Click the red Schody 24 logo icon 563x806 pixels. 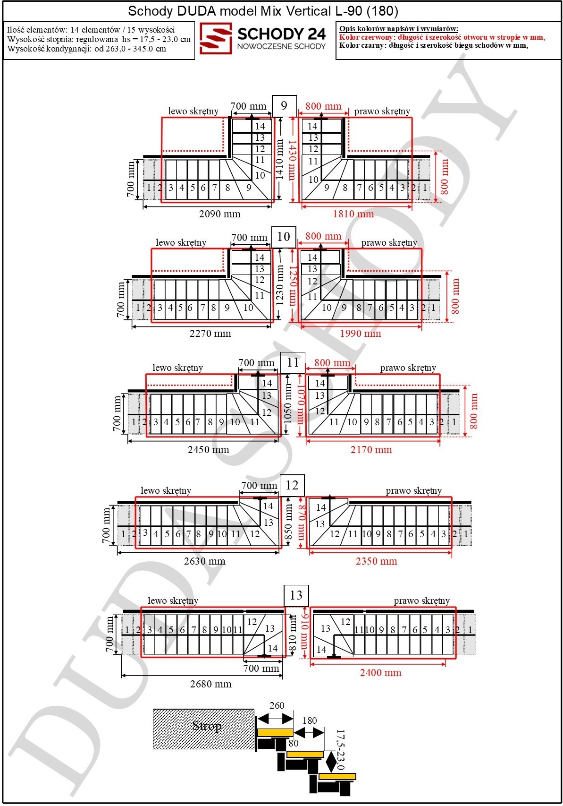[x=215, y=38]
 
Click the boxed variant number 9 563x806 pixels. [x=284, y=106]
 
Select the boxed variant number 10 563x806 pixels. [x=283, y=237]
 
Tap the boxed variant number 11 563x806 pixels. [x=293, y=362]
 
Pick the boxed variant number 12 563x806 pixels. [x=292, y=485]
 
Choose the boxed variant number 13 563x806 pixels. [x=296, y=595]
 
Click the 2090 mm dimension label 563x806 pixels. [x=219, y=214]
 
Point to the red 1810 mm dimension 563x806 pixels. [x=353, y=214]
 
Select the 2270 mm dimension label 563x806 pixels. [x=210, y=333]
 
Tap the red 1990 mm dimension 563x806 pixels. [x=361, y=333]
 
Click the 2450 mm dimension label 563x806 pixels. [x=209, y=449]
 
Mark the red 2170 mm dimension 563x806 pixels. [x=371, y=449]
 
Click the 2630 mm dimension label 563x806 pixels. [x=204, y=561]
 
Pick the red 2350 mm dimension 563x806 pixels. [x=377, y=561]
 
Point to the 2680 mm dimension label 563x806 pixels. [x=210, y=684]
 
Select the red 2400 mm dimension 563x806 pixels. [x=381, y=672]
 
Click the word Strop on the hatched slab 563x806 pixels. [x=207, y=726]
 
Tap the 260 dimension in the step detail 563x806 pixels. [x=277, y=706]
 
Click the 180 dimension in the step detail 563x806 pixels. [x=310, y=720]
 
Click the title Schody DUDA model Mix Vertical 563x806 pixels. [x=229, y=11]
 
